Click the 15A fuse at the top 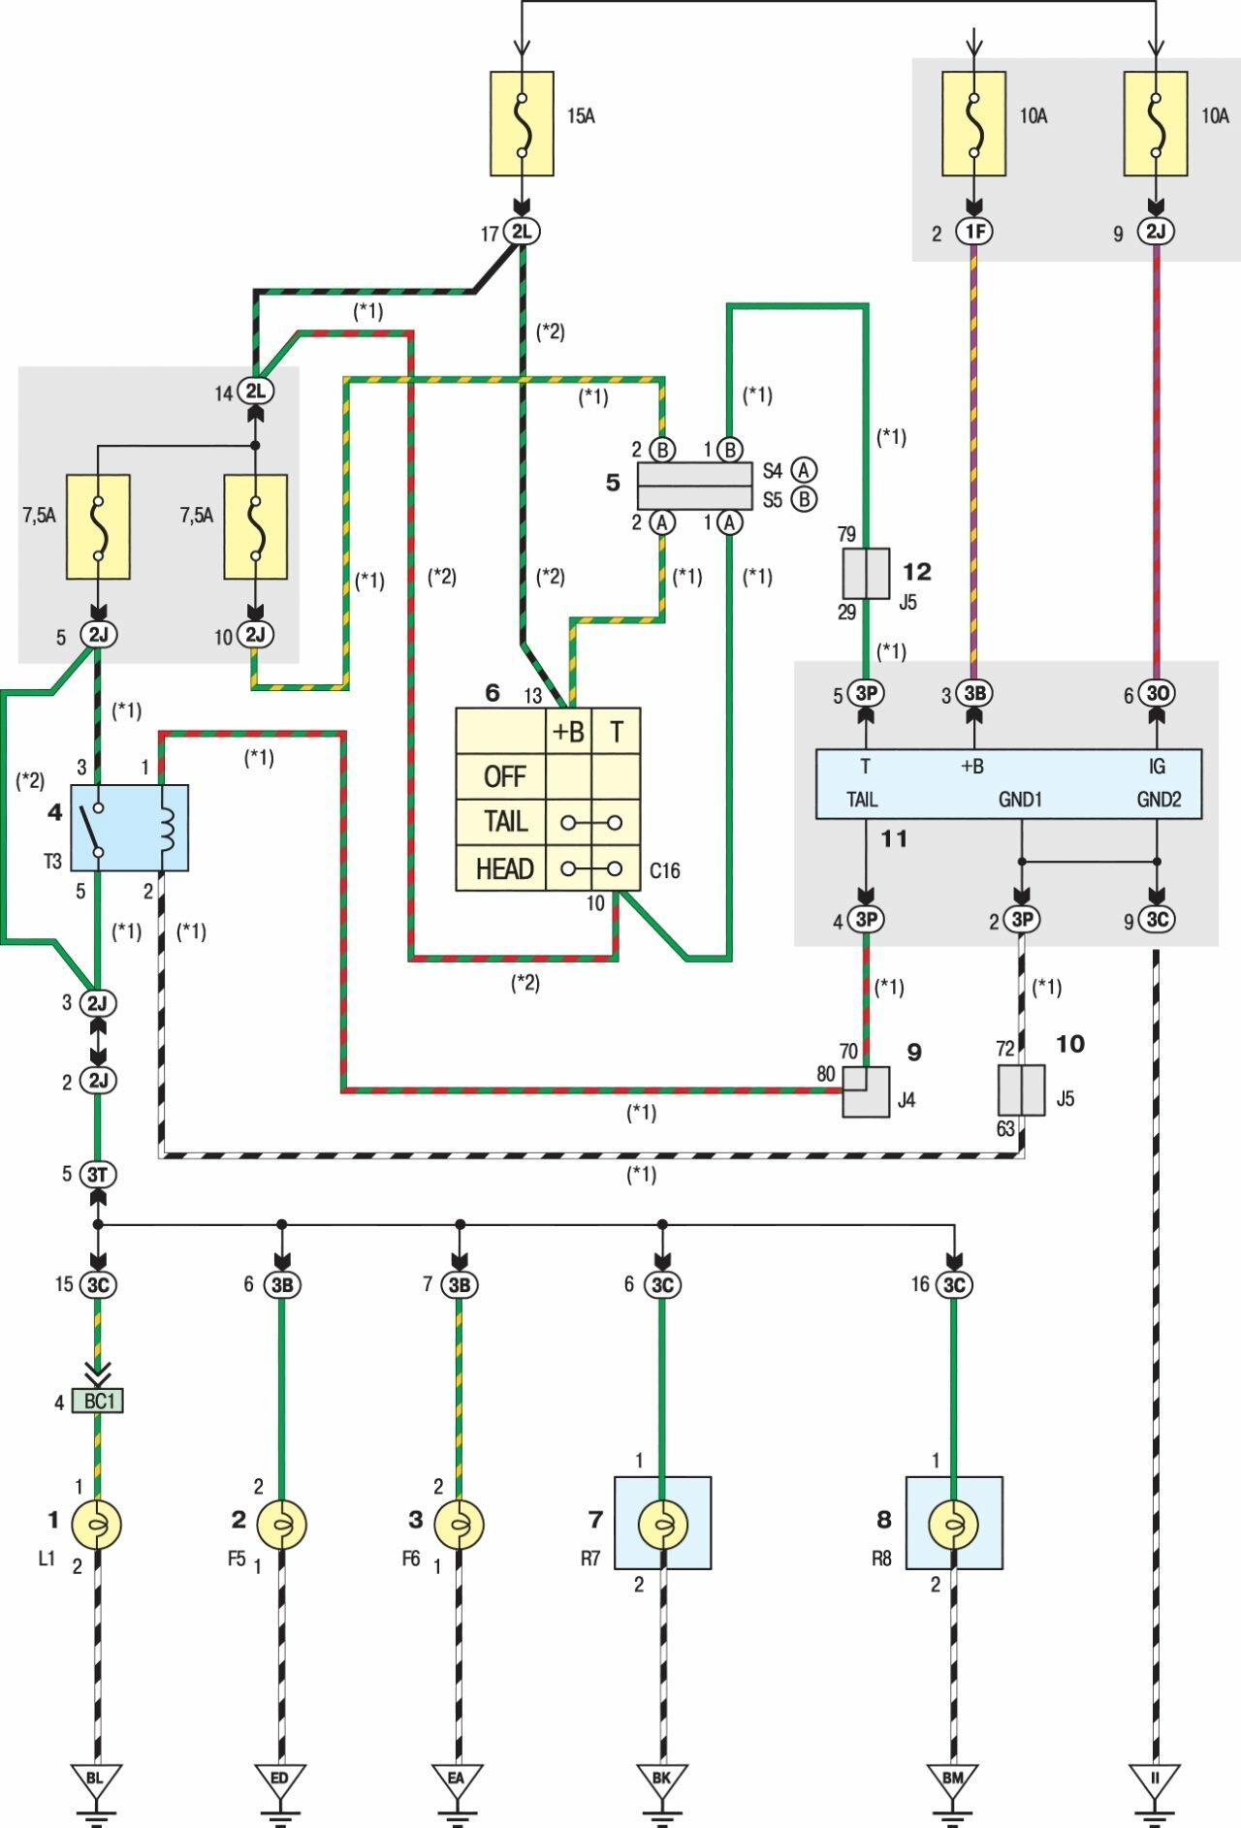(522, 124)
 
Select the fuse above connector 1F (973, 124)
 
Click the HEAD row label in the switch (504, 868)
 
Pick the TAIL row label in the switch (505, 822)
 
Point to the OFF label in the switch (504, 776)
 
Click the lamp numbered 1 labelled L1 (97, 1525)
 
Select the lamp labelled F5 (281, 1525)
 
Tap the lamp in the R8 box (953, 1525)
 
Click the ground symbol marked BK (661, 1780)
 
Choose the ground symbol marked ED (279, 1780)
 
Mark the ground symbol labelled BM (952, 1780)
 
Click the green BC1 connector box (98, 1402)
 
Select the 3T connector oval (98, 1175)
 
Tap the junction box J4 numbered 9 (865, 1091)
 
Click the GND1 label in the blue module (1020, 800)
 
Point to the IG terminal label (1157, 767)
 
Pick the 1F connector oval (974, 232)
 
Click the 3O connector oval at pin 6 (1157, 693)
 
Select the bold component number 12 (916, 572)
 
